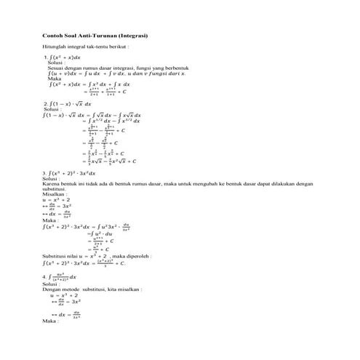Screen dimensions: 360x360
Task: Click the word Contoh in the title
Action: click(x=51, y=36)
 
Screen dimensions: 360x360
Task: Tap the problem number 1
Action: click(x=45, y=57)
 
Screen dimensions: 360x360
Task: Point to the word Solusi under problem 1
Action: click(x=55, y=63)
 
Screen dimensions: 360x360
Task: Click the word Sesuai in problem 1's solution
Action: click(x=55, y=68)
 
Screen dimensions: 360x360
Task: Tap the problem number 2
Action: click(x=45, y=104)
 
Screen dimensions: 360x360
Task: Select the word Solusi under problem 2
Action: click(x=52, y=110)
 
